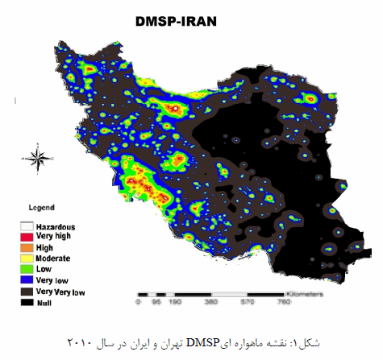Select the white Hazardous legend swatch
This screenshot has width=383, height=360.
(x=27, y=229)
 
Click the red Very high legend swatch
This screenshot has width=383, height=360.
(x=27, y=238)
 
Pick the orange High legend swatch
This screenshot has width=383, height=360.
(x=27, y=248)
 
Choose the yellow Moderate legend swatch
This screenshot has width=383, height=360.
(x=27, y=258)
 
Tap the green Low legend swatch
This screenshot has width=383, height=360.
(x=27, y=267)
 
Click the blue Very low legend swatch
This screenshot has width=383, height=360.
(x=27, y=277)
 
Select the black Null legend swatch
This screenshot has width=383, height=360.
(x=27, y=297)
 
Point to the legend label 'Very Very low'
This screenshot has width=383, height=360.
(x=60, y=288)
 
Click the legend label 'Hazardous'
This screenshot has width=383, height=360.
(x=56, y=229)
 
